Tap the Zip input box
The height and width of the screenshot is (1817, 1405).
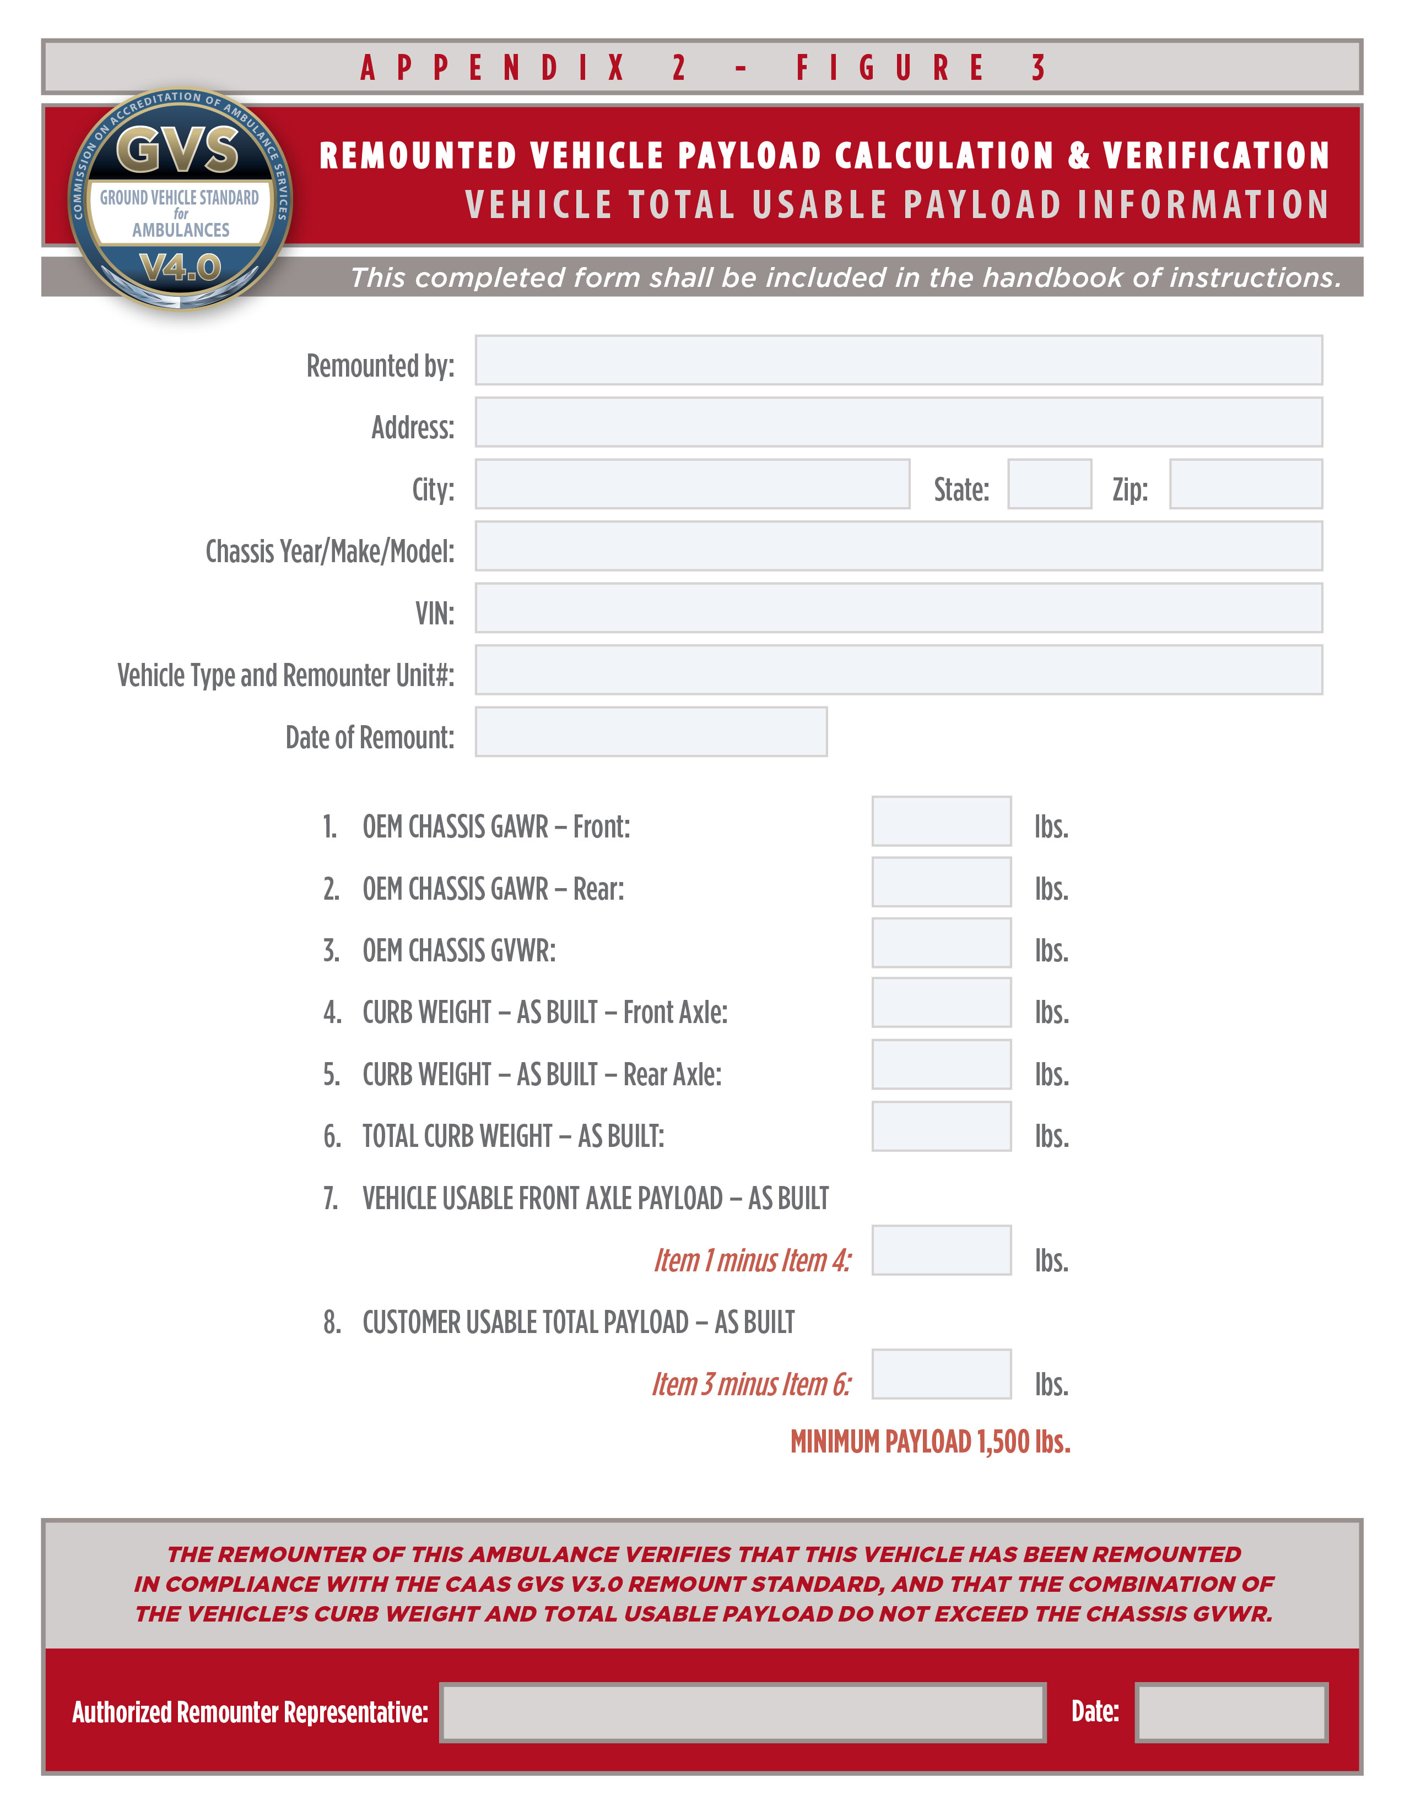(1245, 484)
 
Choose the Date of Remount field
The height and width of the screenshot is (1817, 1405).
(651, 732)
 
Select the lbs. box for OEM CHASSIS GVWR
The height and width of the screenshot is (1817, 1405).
(942, 943)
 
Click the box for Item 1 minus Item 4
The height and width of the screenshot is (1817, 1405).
(942, 1250)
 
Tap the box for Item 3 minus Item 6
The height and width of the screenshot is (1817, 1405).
(942, 1374)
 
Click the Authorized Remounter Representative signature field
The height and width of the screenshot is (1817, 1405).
(743, 1712)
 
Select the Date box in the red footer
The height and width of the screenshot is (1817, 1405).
(1231, 1712)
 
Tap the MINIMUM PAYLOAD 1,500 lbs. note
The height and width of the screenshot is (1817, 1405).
(930, 1442)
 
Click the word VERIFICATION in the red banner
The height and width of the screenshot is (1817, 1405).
(1216, 156)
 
